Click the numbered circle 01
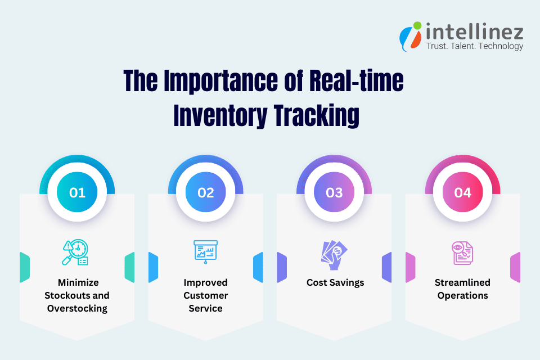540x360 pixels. pyautogui.click(x=77, y=192)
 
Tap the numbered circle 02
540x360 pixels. pyautogui.click(x=206, y=192)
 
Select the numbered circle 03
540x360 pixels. pyautogui.click(x=334, y=192)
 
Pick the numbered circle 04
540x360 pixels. pyautogui.click(x=462, y=192)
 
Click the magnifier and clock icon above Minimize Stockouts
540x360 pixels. pyautogui.click(x=76, y=252)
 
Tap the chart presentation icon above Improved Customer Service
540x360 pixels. pyautogui.click(x=205, y=251)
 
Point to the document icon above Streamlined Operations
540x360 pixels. pyautogui.click(x=462, y=253)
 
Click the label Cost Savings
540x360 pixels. pyautogui.click(x=335, y=282)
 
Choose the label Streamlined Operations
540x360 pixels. pyautogui.click(x=462, y=289)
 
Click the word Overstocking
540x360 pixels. pyautogui.click(x=77, y=308)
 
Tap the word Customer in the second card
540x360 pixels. pyautogui.click(x=206, y=295)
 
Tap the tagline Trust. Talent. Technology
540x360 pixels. pyautogui.click(x=474, y=46)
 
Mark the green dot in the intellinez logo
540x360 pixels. pyautogui.click(x=417, y=25)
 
